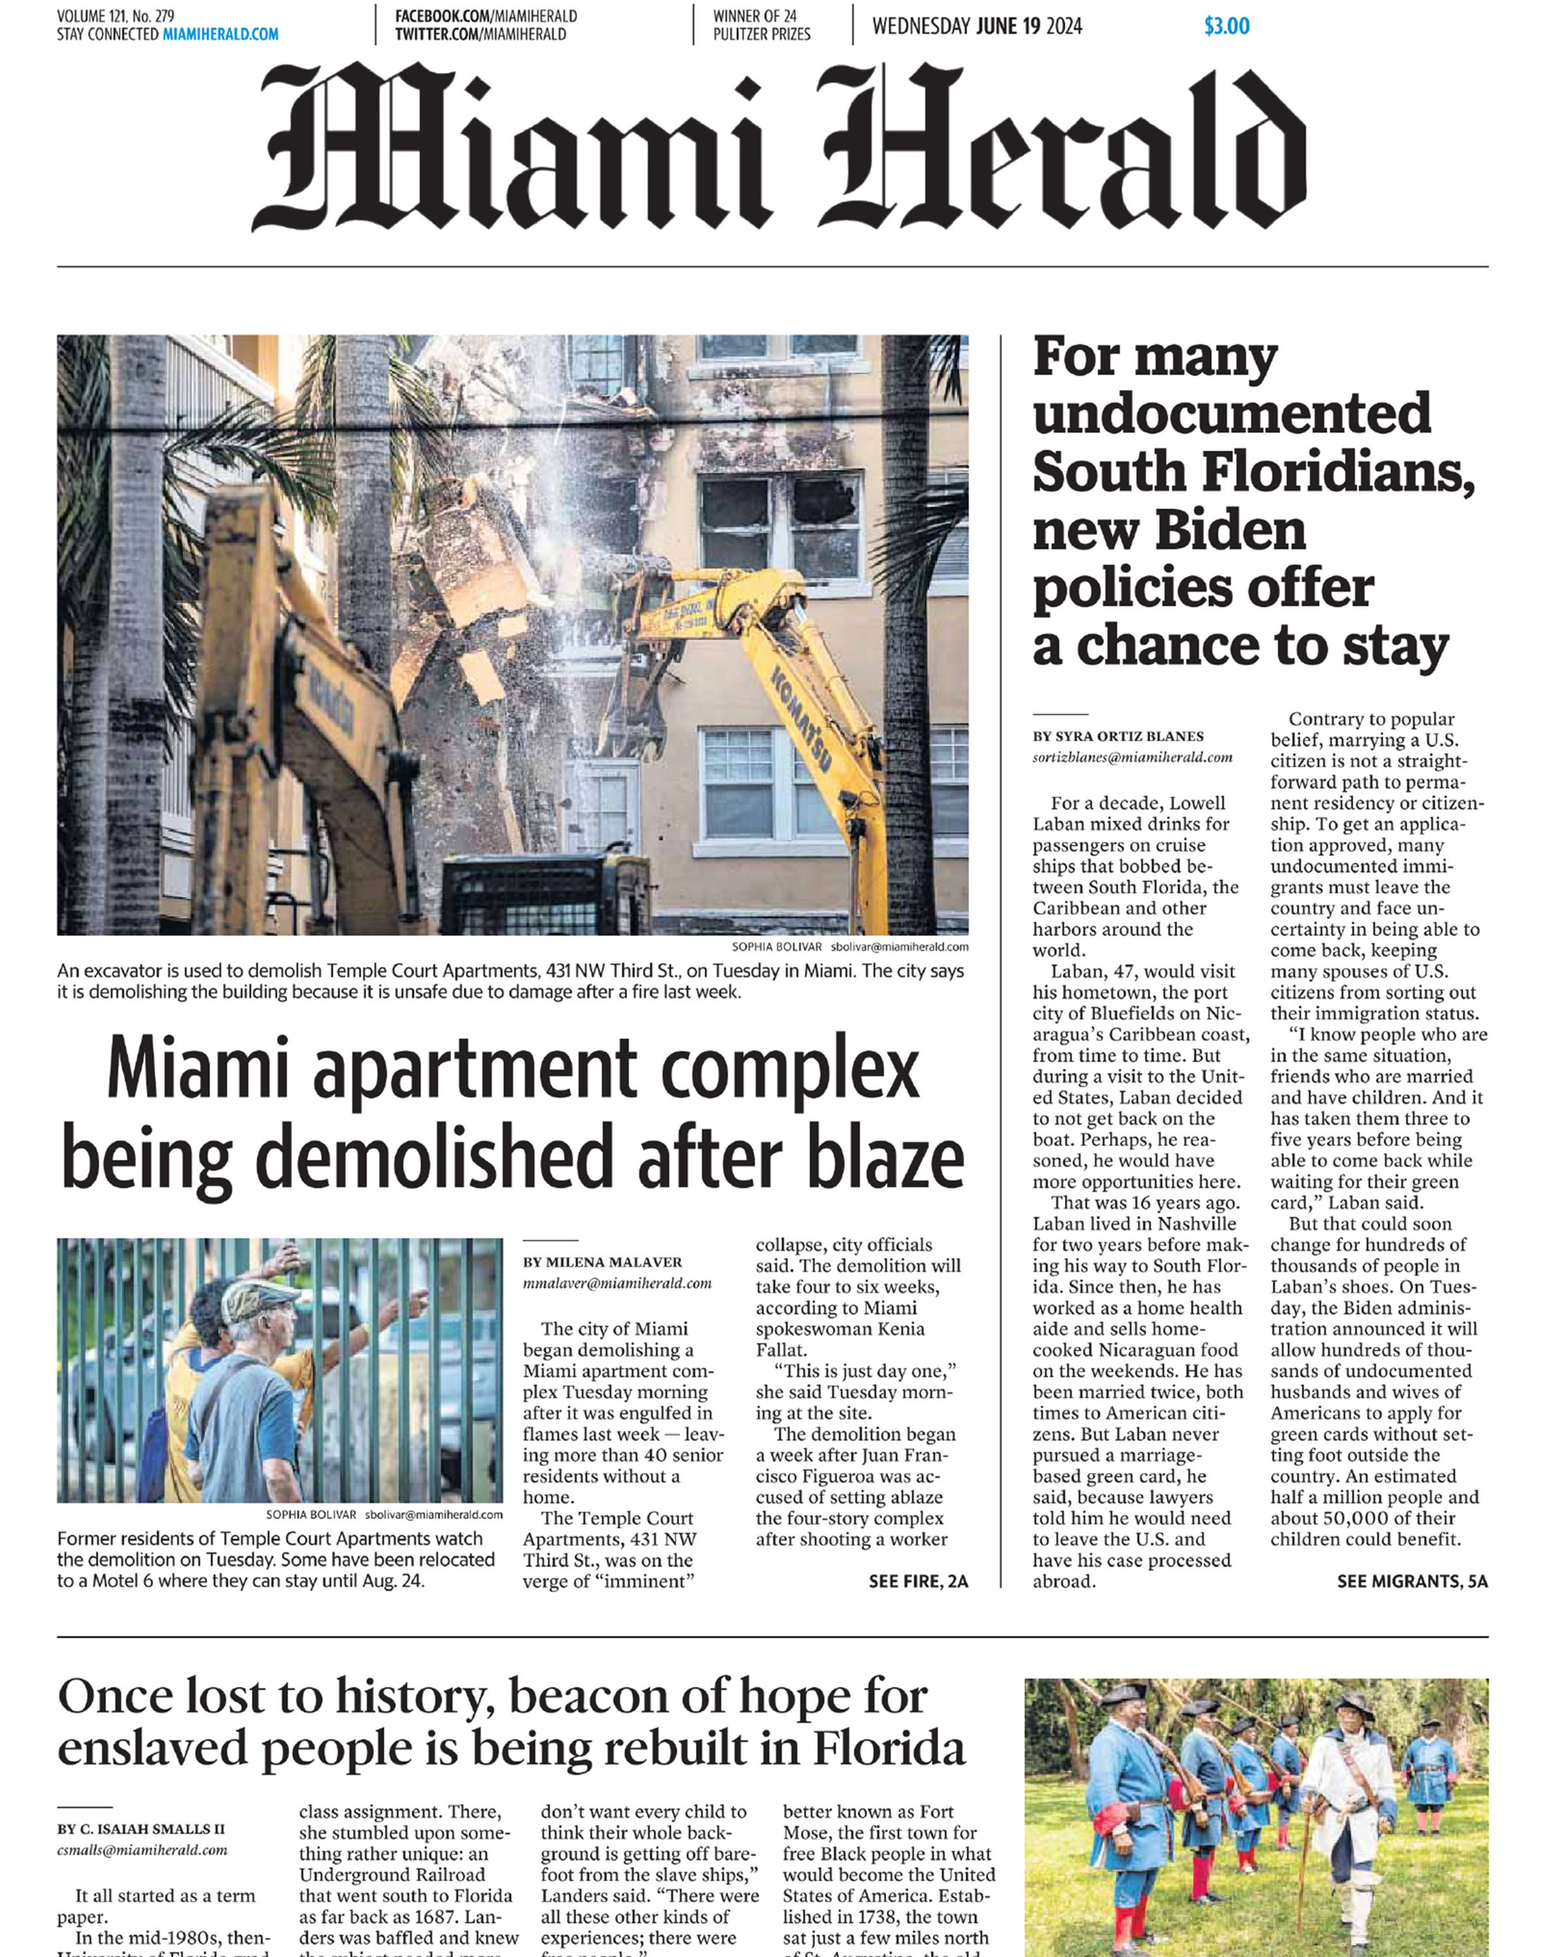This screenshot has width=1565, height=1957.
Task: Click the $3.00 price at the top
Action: pyautogui.click(x=1226, y=26)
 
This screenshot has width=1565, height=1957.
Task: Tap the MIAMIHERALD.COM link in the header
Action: pyautogui.click(x=220, y=35)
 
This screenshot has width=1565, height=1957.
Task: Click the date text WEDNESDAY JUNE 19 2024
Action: pyautogui.click(x=977, y=26)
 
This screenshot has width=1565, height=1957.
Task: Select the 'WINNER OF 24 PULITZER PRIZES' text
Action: pyautogui.click(x=761, y=25)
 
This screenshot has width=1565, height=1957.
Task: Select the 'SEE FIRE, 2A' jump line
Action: pyautogui.click(x=918, y=1581)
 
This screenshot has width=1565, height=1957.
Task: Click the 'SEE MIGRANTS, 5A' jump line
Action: pyautogui.click(x=1412, y=1581)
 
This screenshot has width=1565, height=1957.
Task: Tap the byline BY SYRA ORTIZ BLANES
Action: pyautogui.click(x=1118, y=736)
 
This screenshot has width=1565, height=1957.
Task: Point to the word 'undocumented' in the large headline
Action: pyautogui.click(x=1231, y=414)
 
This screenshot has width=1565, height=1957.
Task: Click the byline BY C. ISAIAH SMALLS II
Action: pyautogui.click(x=141, y=1829)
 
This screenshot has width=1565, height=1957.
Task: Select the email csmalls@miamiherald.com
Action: pyautogui.click(x=142, y=1850)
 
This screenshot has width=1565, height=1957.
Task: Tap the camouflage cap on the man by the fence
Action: pyautogui.click(x=258, y=1301)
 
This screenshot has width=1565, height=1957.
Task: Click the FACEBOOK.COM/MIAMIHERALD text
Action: pyautogui.click(x=485, y=16)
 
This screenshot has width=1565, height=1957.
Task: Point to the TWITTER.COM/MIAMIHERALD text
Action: pyautogui.click(x=480, y=35)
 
